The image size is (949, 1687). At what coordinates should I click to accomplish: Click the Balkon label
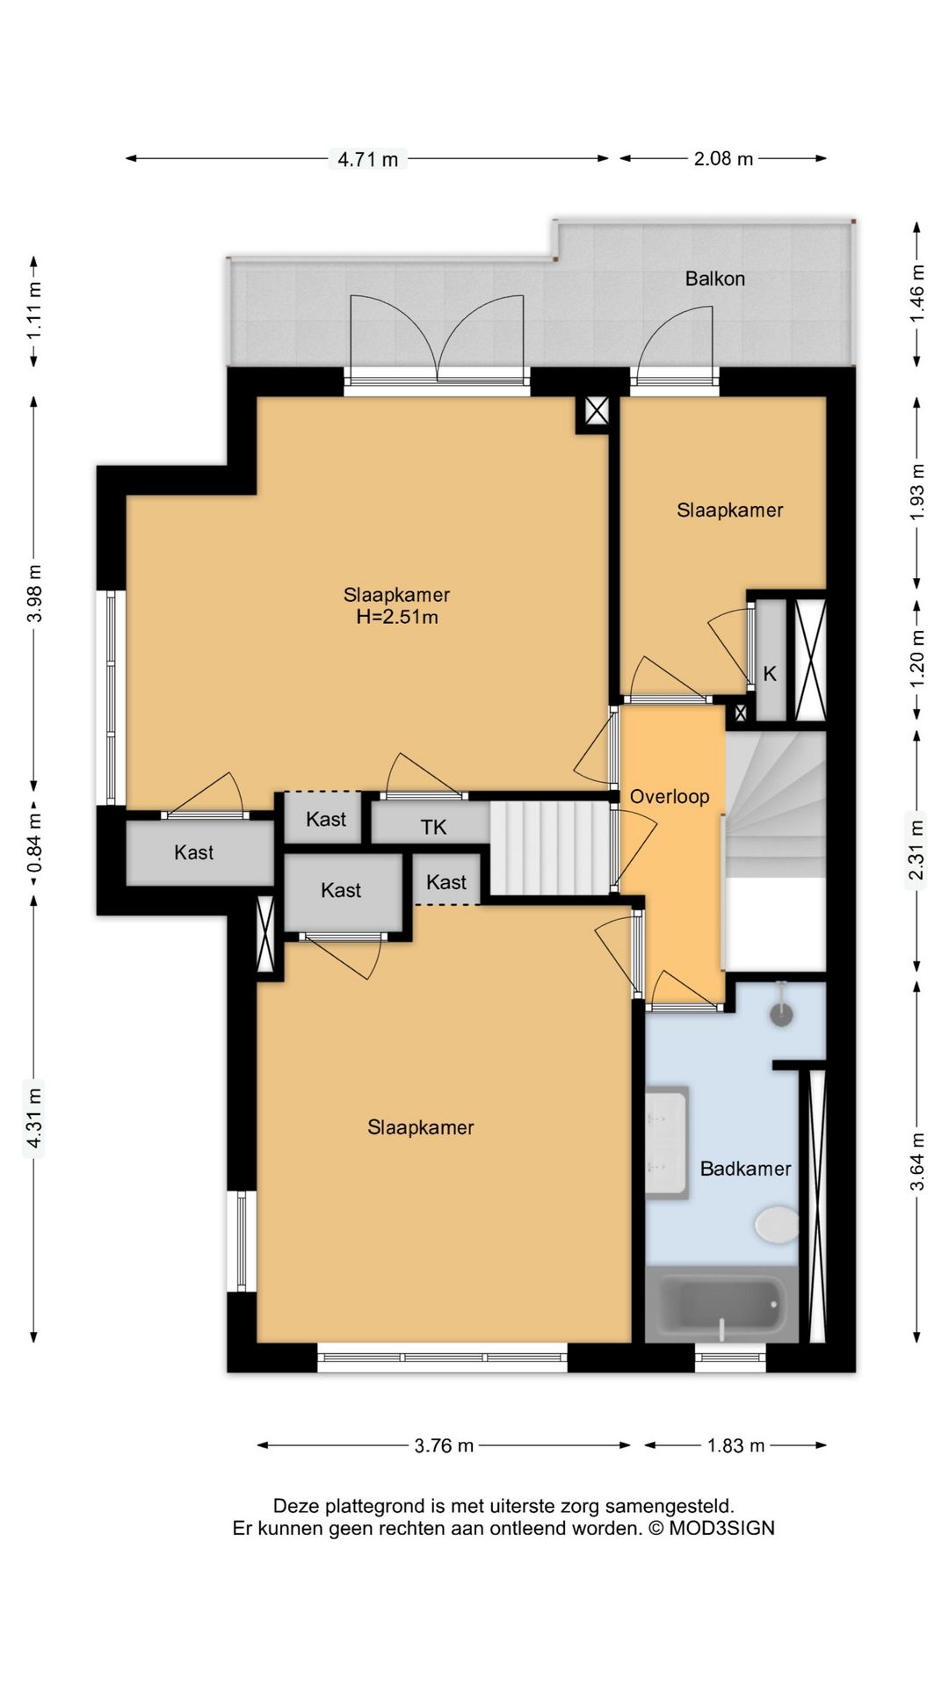(x=714, y=279)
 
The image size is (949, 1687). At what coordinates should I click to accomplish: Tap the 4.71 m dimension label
(x=367, y=159)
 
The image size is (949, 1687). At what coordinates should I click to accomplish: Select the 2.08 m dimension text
(x=723, y=158)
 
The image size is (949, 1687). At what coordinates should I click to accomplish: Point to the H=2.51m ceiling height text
(x=397, y=617)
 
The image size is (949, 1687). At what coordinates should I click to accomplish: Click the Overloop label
(x=670, y=796)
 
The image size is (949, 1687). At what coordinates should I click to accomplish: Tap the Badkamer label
(x=745, y=1169)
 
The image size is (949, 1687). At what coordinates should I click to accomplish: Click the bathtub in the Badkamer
(x=722, y=1304)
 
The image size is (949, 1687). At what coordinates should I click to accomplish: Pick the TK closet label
(x=433, y=827)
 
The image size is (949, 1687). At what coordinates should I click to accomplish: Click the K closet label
(x=770, y=674)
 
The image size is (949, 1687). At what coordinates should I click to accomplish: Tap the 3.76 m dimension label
(x=444, y=1445)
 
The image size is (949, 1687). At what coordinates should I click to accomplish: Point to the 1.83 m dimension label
(x=735, y=1445)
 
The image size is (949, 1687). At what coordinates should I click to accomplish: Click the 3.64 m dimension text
(x=916, y=1162)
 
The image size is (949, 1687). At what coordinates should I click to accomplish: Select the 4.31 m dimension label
(x=33, y=1118)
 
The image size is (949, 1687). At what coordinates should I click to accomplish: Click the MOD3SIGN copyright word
(x=721, y=1528)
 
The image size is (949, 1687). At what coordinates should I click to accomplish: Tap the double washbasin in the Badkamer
(x=666, y=1142)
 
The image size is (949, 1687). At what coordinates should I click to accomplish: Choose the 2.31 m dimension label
(x=916, y=850)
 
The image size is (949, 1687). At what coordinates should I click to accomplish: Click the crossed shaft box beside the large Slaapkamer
(x=597, y=410)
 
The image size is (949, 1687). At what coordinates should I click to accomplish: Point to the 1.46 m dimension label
(x=916, y=293)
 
